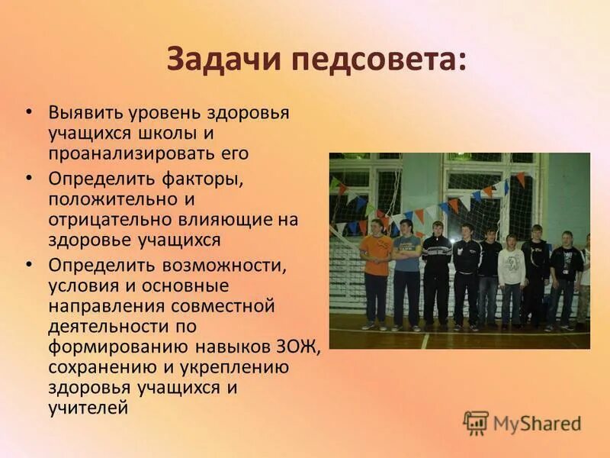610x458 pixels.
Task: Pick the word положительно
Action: [109, 199]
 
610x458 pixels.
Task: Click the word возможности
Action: [217, 266]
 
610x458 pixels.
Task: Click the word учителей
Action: [87, 408]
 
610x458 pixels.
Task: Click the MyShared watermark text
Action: [538, 423]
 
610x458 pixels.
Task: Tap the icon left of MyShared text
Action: [476, 422]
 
